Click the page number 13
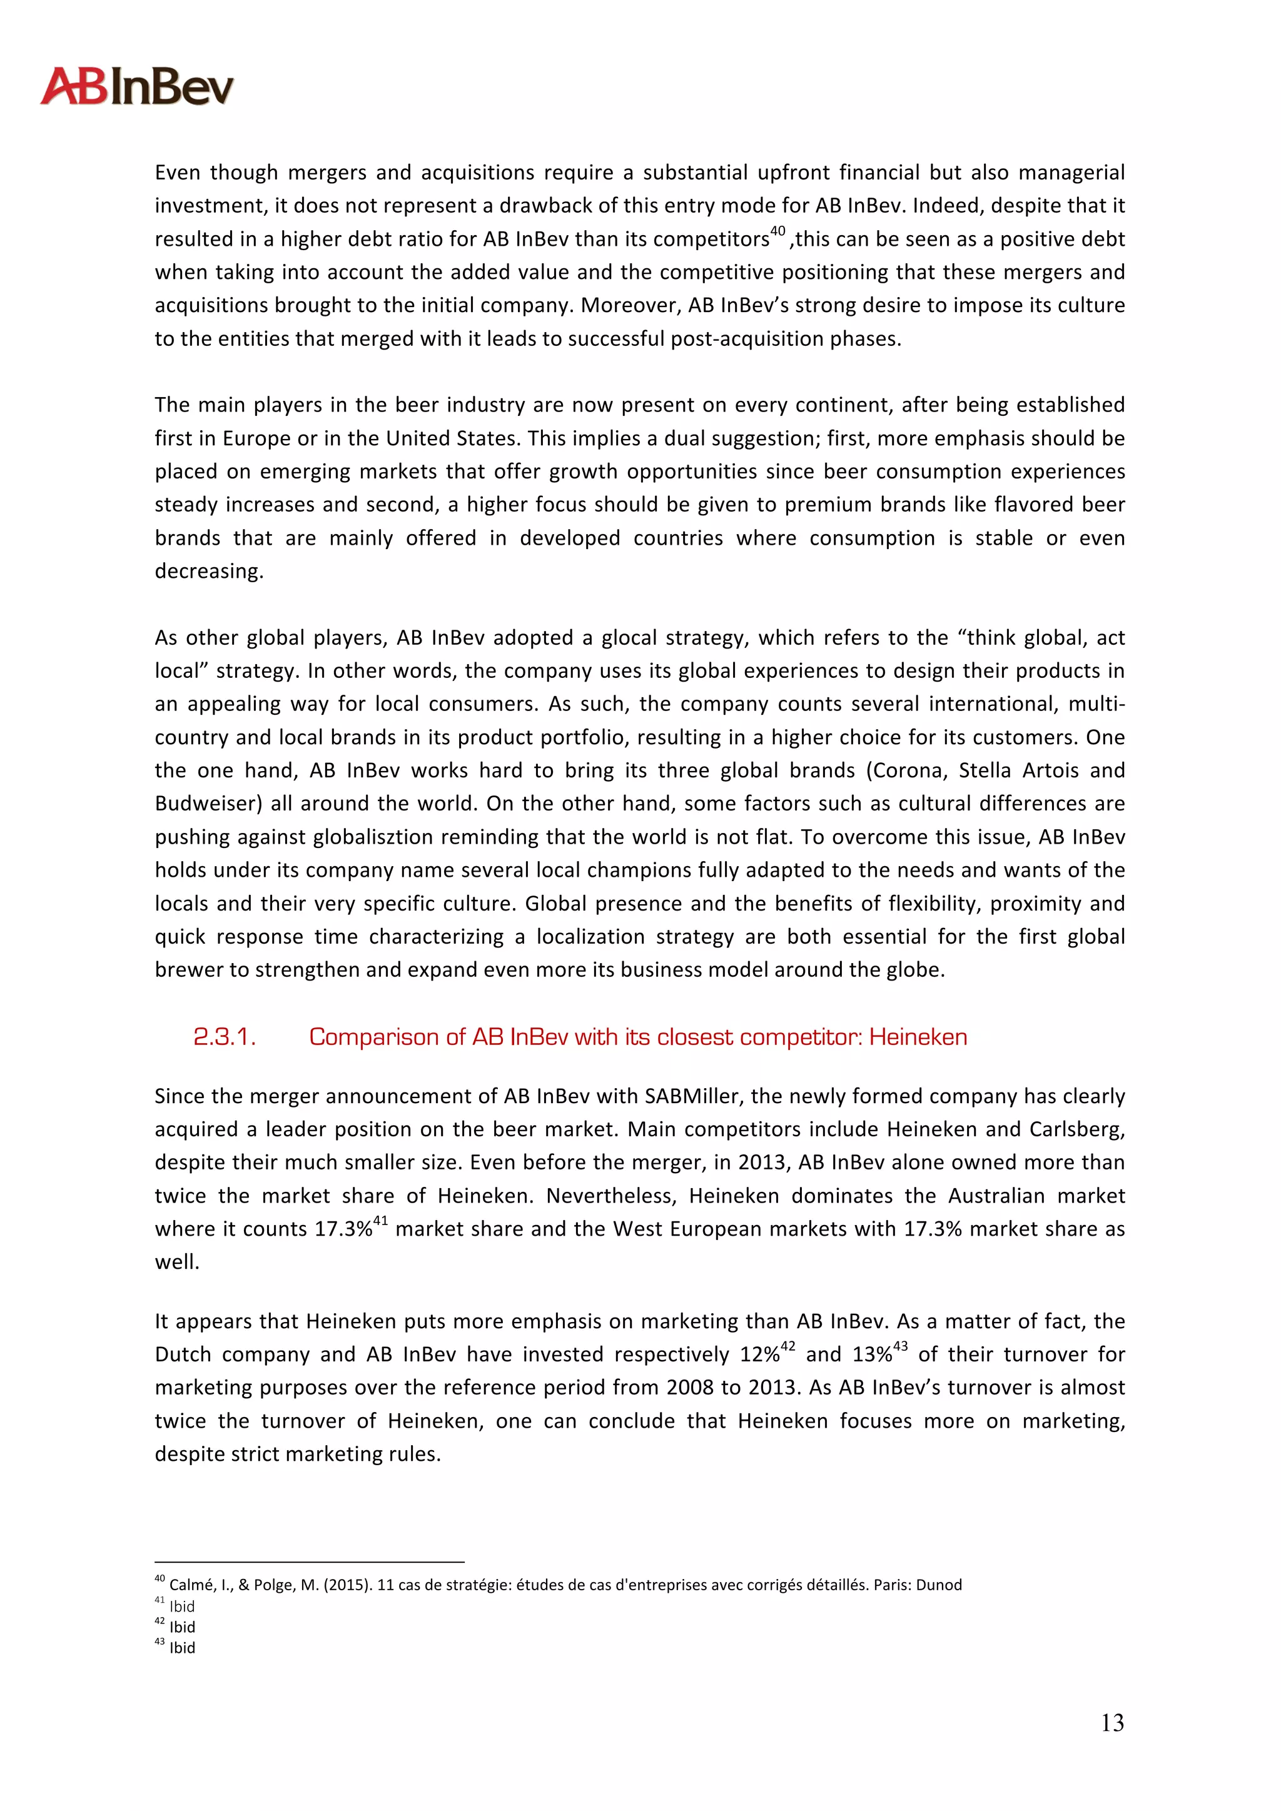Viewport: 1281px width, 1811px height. tap(1112, 1723)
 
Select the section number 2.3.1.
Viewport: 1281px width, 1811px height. tap(224, 1037)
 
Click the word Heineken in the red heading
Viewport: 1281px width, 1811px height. tap(918, 1037)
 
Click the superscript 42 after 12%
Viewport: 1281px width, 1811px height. tap(787, 1346)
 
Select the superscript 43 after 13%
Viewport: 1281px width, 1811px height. tap(900, 1346)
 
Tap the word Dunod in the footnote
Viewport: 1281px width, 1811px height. tap(939, 1585)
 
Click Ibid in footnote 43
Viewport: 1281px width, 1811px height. tap(182, 1648)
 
